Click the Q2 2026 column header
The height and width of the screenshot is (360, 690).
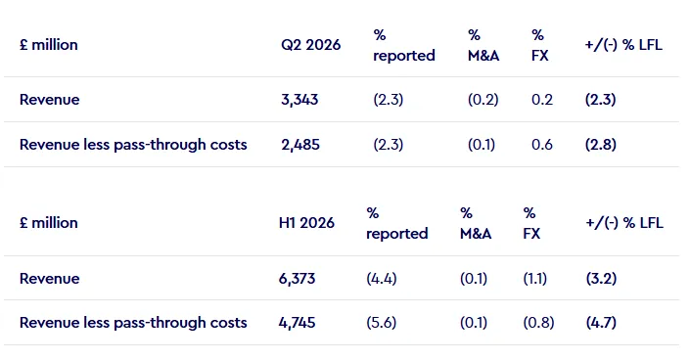coord(310,45)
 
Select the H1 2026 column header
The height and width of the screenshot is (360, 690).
coord(306,223)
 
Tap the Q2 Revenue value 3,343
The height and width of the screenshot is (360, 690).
coord(299,100)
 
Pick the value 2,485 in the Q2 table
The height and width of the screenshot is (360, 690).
coord(300,145)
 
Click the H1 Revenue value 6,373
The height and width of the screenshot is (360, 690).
coord(297,279)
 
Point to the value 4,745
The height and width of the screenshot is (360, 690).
coord(297,323)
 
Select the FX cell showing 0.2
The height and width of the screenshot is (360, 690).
coord(541,100)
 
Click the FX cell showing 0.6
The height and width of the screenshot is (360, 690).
coord(541,145)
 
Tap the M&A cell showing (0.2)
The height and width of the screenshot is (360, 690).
coord(483,100)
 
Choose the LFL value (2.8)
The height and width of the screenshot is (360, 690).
coord(601,145)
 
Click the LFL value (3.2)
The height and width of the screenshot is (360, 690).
coord(601,279)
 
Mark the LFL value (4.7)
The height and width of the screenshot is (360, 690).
coord(601,323)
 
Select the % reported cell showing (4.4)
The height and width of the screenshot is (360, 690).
coord(382,279)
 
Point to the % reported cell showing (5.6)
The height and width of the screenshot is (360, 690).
coord(382,323)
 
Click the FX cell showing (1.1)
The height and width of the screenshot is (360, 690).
coord(535,279)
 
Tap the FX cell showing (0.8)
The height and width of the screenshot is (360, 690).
coord(538,323)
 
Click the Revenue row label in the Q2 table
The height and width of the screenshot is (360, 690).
coord(50,100)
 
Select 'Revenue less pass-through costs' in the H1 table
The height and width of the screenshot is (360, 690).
coord(133,323)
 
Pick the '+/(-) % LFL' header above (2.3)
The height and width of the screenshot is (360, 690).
coord(623,45)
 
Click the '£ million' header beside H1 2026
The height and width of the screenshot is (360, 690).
coord(49,223)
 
